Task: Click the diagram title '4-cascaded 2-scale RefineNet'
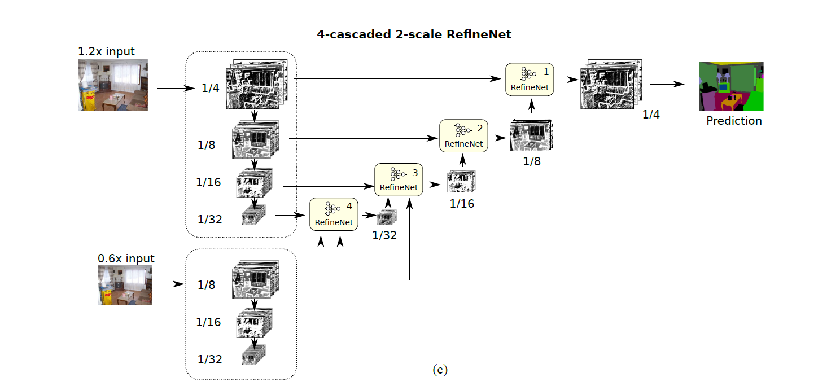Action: click(x=414, y=34)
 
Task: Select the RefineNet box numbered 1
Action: click(x=529, y=80)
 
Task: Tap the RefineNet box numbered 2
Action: click(x=463, y=136)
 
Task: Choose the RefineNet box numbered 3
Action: click(x=398, y=179)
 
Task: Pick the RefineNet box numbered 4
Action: click(x=334, y=214)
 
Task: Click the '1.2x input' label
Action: click(x=107, y=51)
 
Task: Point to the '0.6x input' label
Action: click(x=126, y=258)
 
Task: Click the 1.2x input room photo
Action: click(x=113, y=85)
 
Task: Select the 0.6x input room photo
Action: click(x=125, y=286)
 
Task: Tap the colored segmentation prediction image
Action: click(x=730, y=86)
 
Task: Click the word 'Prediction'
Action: click(x=734, y=121)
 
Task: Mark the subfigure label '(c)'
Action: click(x=440, y=370)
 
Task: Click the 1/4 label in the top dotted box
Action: click(x=211, y=89)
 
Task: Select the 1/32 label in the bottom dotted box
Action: click(x=210, y=359)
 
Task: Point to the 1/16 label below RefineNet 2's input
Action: click(x=462, y=204)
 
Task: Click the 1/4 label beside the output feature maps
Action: click(x=651, y=115)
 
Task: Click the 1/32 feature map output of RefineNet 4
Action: click(x=387, y=217)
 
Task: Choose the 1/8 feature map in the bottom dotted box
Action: click(x=255, y=279)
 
